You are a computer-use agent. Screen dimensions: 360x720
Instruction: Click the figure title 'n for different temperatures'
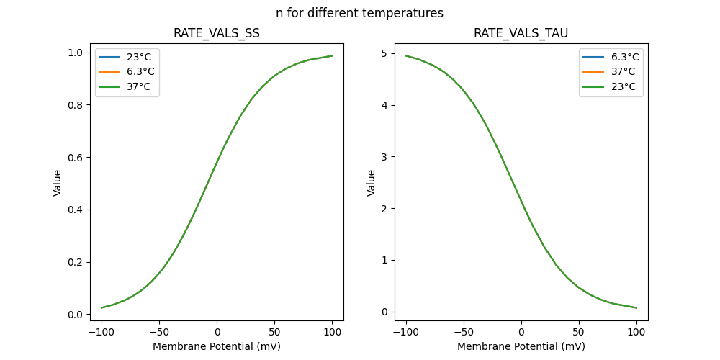tap(359, 13)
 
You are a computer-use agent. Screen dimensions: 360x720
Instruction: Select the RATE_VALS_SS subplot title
tap(217, 34)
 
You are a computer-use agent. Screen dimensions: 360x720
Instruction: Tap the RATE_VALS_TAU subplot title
tap(521, 34)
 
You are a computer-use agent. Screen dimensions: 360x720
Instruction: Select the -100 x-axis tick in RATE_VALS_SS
tap(102, 332)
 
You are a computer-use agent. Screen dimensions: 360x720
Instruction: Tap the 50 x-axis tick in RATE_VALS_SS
tap(274, 332)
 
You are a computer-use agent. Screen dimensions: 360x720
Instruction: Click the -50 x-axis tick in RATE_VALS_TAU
tap(464, 332)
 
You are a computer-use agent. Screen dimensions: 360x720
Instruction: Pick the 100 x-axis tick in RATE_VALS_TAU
tap(636, 332)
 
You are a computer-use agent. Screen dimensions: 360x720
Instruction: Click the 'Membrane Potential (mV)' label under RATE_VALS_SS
tap(217, 346)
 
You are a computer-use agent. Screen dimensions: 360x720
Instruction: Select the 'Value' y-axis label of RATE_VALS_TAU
tap(372, 183)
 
